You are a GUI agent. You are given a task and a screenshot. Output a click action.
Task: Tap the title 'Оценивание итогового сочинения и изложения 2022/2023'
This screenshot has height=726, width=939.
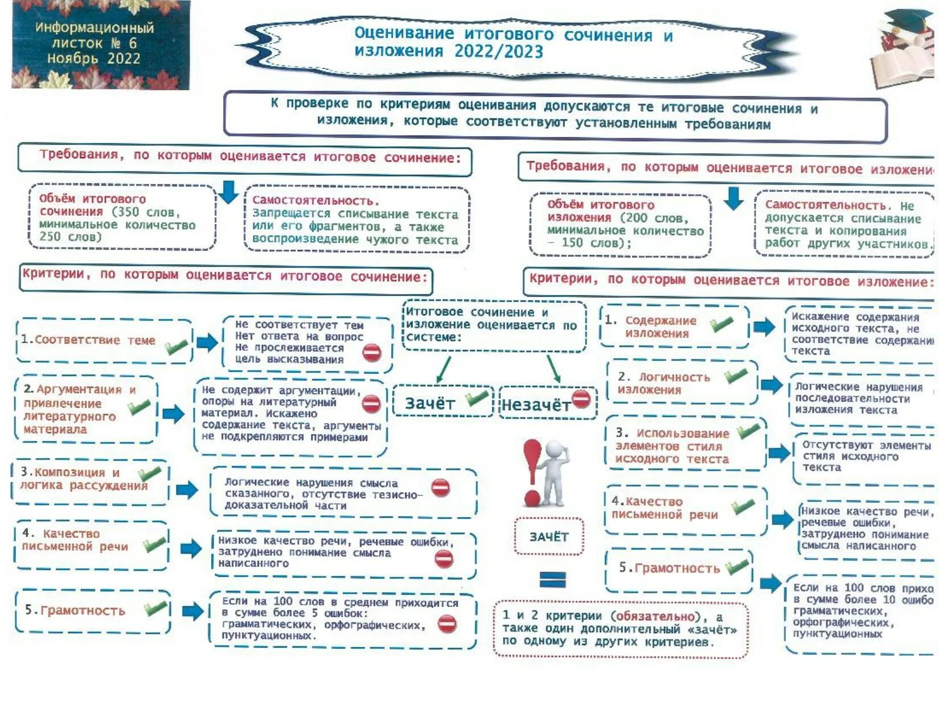pos(512,43)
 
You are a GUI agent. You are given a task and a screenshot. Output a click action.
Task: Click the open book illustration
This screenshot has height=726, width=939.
pos(902,63)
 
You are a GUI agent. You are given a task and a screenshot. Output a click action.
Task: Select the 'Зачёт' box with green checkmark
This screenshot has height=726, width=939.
pos(443,402)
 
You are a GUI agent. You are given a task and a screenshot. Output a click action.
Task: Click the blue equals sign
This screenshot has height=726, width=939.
pos(552,580)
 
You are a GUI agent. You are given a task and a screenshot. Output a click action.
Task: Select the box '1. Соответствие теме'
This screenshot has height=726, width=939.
pos(104,341)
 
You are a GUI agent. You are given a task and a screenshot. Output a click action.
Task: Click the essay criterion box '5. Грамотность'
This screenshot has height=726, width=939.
pos(93,611)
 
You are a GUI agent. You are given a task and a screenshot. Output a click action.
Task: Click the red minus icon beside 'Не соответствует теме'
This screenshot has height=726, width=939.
pos(372,352)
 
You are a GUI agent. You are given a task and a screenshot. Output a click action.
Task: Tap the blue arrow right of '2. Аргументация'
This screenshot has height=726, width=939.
pos(174,413)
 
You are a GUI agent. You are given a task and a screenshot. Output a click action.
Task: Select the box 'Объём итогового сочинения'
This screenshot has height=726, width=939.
pos(122,217)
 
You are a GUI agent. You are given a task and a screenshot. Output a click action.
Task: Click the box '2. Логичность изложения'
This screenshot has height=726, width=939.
pos(681,383)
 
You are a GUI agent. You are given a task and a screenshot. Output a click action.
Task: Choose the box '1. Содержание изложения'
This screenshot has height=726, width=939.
pos(674,327)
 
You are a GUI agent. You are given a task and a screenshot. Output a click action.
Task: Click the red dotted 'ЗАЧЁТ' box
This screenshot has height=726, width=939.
pos(549,536)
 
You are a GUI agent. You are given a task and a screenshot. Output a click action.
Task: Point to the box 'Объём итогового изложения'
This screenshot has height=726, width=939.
pos(620,224)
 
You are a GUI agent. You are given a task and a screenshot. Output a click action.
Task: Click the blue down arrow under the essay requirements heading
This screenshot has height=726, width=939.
pos(229,192)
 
